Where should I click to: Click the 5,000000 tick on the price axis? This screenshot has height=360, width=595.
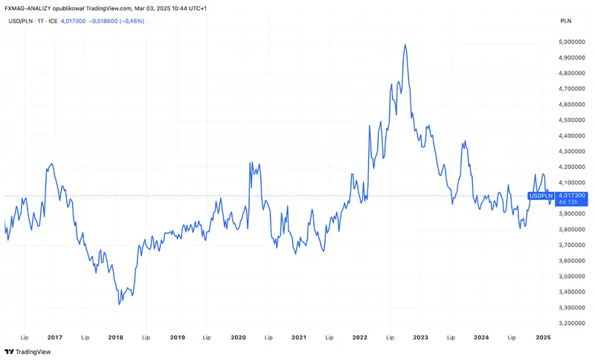click(x=571, y=42)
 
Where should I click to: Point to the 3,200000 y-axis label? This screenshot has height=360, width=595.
click(x=571, y=324)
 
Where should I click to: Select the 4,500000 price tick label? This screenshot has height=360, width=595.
click(x=571, y=120)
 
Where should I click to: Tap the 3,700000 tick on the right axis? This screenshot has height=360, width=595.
click(x=571, y=245)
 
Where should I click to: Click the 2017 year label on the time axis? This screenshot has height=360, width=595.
click(x=54, y=337)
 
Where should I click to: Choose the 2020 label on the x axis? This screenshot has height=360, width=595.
click(x=238, y=337)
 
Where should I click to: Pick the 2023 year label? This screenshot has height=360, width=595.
click(x=420, y=337)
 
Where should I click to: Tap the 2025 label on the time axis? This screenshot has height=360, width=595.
click(x=543, y=337)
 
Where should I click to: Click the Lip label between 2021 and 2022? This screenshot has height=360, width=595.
click(x=329, y=337)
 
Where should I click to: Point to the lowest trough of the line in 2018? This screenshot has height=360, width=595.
click(x=119, y=304)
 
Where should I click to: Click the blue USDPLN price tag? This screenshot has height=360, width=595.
click(x=541, y=196)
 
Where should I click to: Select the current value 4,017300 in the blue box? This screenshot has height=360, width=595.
click(x=572, y=196)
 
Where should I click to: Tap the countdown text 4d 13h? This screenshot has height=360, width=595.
click(x=568, y=202)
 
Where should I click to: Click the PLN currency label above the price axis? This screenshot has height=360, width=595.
click(x=566, y=21)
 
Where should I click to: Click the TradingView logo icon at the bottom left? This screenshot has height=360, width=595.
click(x=10, y=352)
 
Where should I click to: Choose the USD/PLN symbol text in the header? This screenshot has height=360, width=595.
click(x=21, y=22)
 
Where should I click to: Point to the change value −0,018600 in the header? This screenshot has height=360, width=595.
click(x=103, y=22)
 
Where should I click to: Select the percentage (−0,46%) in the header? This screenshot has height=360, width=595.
click(x=132, y=22)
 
